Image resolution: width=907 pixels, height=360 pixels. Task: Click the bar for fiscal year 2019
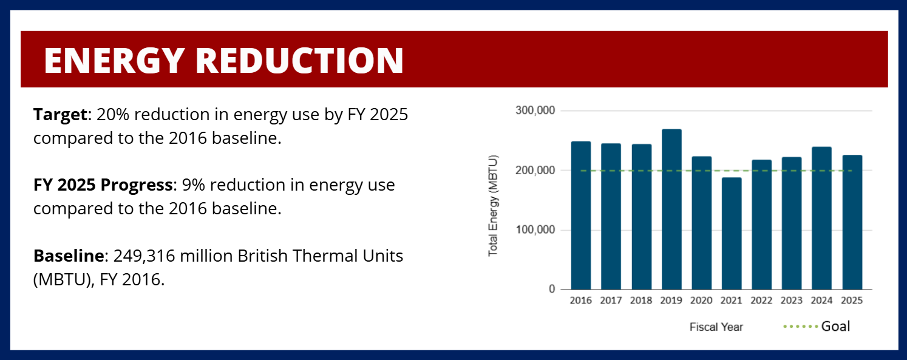(x=671, y=209)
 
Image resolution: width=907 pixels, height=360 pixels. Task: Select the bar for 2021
(x=732, y=234)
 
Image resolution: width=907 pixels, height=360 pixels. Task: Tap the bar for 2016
(x=580, y=216)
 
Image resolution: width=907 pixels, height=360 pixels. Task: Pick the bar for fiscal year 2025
(x=852, y=222)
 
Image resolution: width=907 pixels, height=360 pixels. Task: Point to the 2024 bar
(x=821, y=219)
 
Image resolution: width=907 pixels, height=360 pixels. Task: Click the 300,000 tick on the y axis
(x=535, y=110)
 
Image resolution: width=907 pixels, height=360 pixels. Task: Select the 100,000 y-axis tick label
(x=535, y=230)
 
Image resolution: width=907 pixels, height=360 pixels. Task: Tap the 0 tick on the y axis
(x=552, y=289)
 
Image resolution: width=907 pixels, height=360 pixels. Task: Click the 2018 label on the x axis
(x=641, y=301)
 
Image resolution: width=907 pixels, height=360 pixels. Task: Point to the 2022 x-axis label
(x=761, y=301)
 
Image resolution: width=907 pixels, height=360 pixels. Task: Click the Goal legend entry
(x=817, y=327)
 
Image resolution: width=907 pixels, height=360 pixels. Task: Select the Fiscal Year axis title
(x=716, y=327)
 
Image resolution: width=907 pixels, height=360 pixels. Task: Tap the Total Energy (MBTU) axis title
(x=493, y=206)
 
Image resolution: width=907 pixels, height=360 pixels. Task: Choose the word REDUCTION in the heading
(x=300, y=60)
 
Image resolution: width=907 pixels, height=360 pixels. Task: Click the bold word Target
(x=60, y=115)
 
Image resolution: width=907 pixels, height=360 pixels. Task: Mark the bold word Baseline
(x=69, y=256)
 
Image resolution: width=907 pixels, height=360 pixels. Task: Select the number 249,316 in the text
(x=144, y=256)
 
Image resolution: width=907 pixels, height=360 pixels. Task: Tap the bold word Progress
(x=137, y=186)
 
